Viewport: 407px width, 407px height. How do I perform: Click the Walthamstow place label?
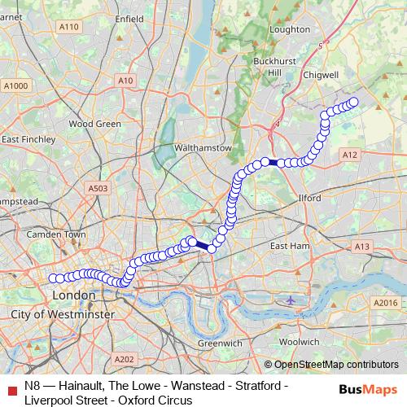[203, 148]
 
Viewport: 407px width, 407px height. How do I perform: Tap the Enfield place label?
[129, 17]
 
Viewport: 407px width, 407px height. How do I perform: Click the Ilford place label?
[309, 198]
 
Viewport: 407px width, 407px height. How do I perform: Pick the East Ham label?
[290, 246]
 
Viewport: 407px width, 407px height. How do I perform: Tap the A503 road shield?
[98, 189]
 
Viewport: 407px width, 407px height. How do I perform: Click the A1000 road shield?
[15, 85]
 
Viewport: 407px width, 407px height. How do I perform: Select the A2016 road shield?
[384, 302]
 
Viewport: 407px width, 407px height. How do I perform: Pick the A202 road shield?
[125, 359]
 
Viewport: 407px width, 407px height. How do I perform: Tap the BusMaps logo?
[369, 387]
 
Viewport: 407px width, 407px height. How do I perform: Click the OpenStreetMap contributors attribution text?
[335, 365]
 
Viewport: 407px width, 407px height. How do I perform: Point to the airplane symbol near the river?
[291, 300]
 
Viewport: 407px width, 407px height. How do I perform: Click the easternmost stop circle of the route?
[353, 103]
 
